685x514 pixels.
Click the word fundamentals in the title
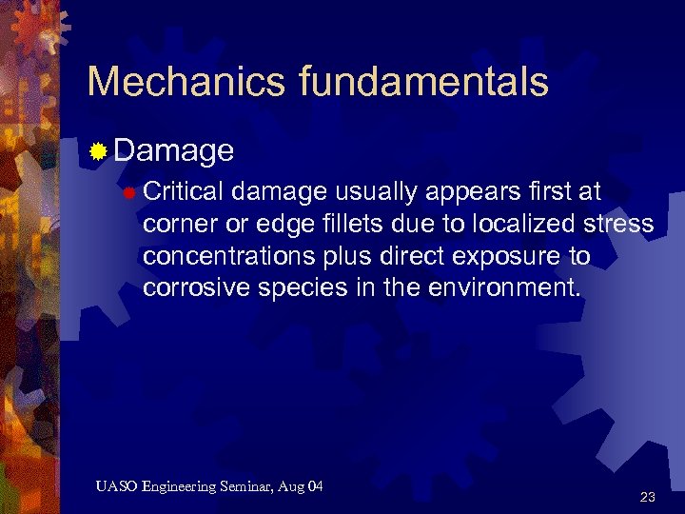[x=423, y=83]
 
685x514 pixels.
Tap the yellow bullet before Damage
[x=98, y=150]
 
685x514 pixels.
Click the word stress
[x=619, y=225]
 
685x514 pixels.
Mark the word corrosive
[x=196, y=288]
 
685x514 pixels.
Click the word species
[x=303, y=288]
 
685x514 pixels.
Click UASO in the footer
[x=116, y=487]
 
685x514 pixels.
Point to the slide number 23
[x=648, y=497]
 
